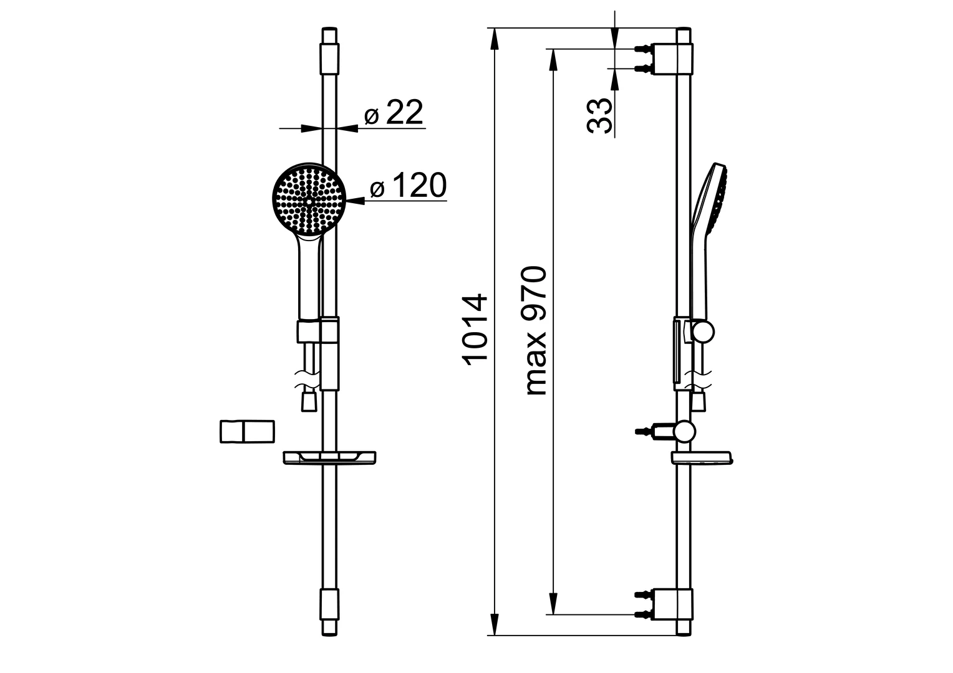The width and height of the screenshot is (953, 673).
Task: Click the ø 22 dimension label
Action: click(x=394, y=113)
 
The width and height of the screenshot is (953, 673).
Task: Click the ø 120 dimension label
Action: click(x=408, y=186)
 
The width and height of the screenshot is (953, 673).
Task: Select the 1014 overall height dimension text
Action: click(x=475, y=328)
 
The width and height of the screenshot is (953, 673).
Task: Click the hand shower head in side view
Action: click(x=711, y=199)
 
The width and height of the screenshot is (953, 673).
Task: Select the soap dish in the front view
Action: click(x=331, y=458)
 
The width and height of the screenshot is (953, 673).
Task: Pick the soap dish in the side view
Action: click(x=703, y=458)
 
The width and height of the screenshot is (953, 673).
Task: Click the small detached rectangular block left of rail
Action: click(x=247, y=432)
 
